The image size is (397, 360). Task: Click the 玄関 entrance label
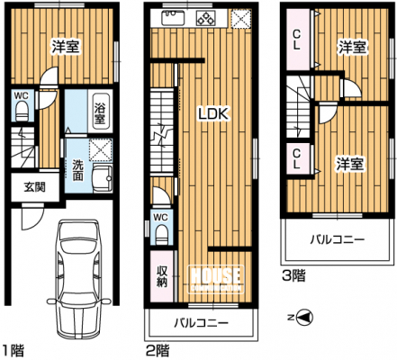point(35,187)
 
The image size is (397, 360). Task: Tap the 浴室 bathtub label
point(100,113)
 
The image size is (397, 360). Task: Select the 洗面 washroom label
point(77,170)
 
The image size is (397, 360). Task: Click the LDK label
point(214,114)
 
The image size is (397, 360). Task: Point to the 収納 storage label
point(162,276)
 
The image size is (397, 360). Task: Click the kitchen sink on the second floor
point(174,18)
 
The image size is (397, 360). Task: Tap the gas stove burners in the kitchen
point(206,18)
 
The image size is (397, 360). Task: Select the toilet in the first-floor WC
point(21,111)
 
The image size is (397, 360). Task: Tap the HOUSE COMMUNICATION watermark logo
point(216,279)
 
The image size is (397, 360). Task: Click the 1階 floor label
point(13,350)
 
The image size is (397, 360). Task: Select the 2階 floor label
point(158,350)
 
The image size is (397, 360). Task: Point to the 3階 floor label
point(293,275)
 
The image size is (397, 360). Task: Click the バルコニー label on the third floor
point(338,239)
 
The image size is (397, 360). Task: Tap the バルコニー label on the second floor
point(202,323)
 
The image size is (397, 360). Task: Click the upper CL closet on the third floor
point(298,40)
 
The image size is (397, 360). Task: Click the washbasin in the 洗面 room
point(103,178)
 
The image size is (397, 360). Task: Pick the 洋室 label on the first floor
point(66,47)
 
